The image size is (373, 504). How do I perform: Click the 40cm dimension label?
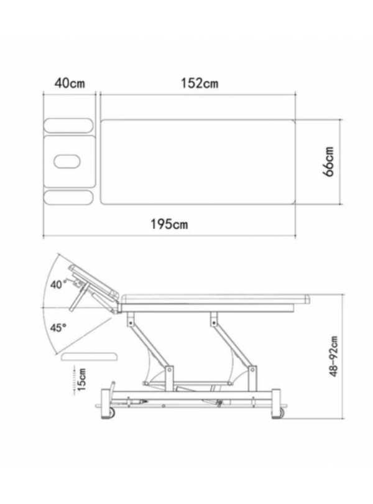coord(70,83)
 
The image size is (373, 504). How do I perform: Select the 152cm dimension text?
coord(200,83)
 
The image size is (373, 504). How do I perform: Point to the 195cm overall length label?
coord(169,224)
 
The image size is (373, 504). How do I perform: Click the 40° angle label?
coord(58,284)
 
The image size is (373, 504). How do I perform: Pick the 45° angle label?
coord(58,327)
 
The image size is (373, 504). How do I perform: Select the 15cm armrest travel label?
coord(81,380)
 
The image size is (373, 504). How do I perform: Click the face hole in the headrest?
coord(67,161)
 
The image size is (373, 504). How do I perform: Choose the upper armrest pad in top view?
coord(68,125)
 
